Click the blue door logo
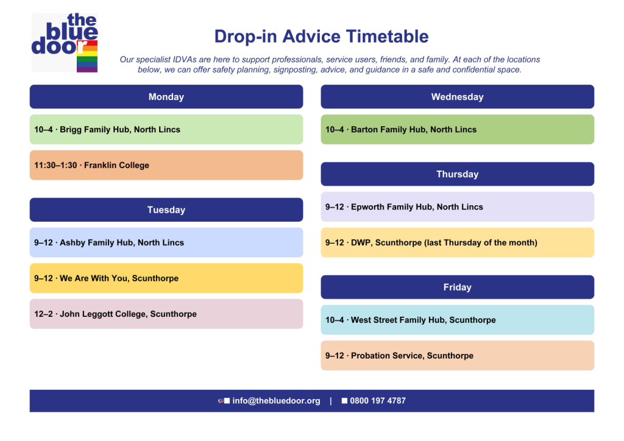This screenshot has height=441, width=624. point(65,43)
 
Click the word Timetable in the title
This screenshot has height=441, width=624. point(387,36)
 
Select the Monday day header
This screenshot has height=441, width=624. point(166,97)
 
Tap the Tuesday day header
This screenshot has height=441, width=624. point(166,210)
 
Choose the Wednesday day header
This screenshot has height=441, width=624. point(457,97)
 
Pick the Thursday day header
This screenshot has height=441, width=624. point(457,174)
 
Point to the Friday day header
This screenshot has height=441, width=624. point(457,287)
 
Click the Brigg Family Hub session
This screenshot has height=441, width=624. point(166,130)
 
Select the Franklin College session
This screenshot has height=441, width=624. point(166,165)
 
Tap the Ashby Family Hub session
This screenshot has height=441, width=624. point(166,242)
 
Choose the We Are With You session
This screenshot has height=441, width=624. point(166,278)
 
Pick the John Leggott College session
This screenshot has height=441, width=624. point(166,314)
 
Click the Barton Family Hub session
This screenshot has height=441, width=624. point(457,130)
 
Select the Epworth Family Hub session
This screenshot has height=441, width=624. point(457,206)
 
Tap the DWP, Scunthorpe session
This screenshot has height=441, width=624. point(457,242)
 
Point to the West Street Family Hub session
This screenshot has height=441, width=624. point(457,320)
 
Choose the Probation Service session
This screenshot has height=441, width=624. point(457,356)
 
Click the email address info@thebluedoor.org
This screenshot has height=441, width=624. point(276,401)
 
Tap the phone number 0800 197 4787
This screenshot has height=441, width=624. point(378,401)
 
